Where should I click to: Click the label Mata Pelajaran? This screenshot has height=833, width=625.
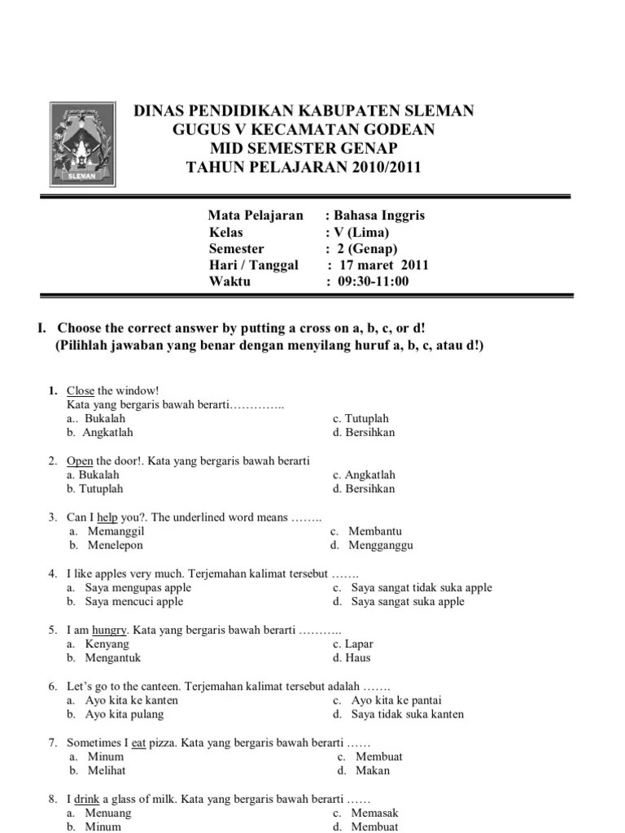[x=256, y=216]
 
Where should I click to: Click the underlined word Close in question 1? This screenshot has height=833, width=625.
[x=81, y=390]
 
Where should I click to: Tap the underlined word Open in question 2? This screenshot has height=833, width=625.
[x=80, y=460]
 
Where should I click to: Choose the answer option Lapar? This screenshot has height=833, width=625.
[x=359, y=643]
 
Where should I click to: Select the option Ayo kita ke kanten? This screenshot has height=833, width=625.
[x=131, y=700]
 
